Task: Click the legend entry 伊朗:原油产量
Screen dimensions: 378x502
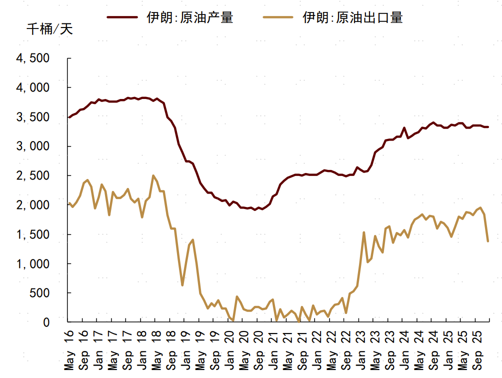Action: [190, 17]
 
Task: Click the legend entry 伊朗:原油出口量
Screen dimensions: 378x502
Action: [353, 17]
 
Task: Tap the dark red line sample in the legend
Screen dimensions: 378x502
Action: [122, 17]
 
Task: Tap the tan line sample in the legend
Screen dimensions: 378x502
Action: [278, 17]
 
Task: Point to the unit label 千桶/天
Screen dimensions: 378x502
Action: [49, 29]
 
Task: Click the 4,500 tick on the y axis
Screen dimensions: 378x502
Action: [33, 58]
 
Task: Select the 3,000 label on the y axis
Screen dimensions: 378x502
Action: [33, 146]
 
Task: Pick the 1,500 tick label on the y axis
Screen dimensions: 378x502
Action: [33, 234]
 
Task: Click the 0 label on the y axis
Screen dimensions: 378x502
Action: [46, 322]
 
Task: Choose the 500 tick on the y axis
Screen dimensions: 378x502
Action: [39, 293]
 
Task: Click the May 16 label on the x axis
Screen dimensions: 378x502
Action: [68, 350]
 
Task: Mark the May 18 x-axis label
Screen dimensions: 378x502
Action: [156, 350]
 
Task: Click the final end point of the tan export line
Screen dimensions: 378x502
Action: [488, 241]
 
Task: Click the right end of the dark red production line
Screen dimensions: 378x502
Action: [488, 127]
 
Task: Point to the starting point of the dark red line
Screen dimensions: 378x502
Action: [68, 117]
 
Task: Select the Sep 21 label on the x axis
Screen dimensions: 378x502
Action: [303, 350]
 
